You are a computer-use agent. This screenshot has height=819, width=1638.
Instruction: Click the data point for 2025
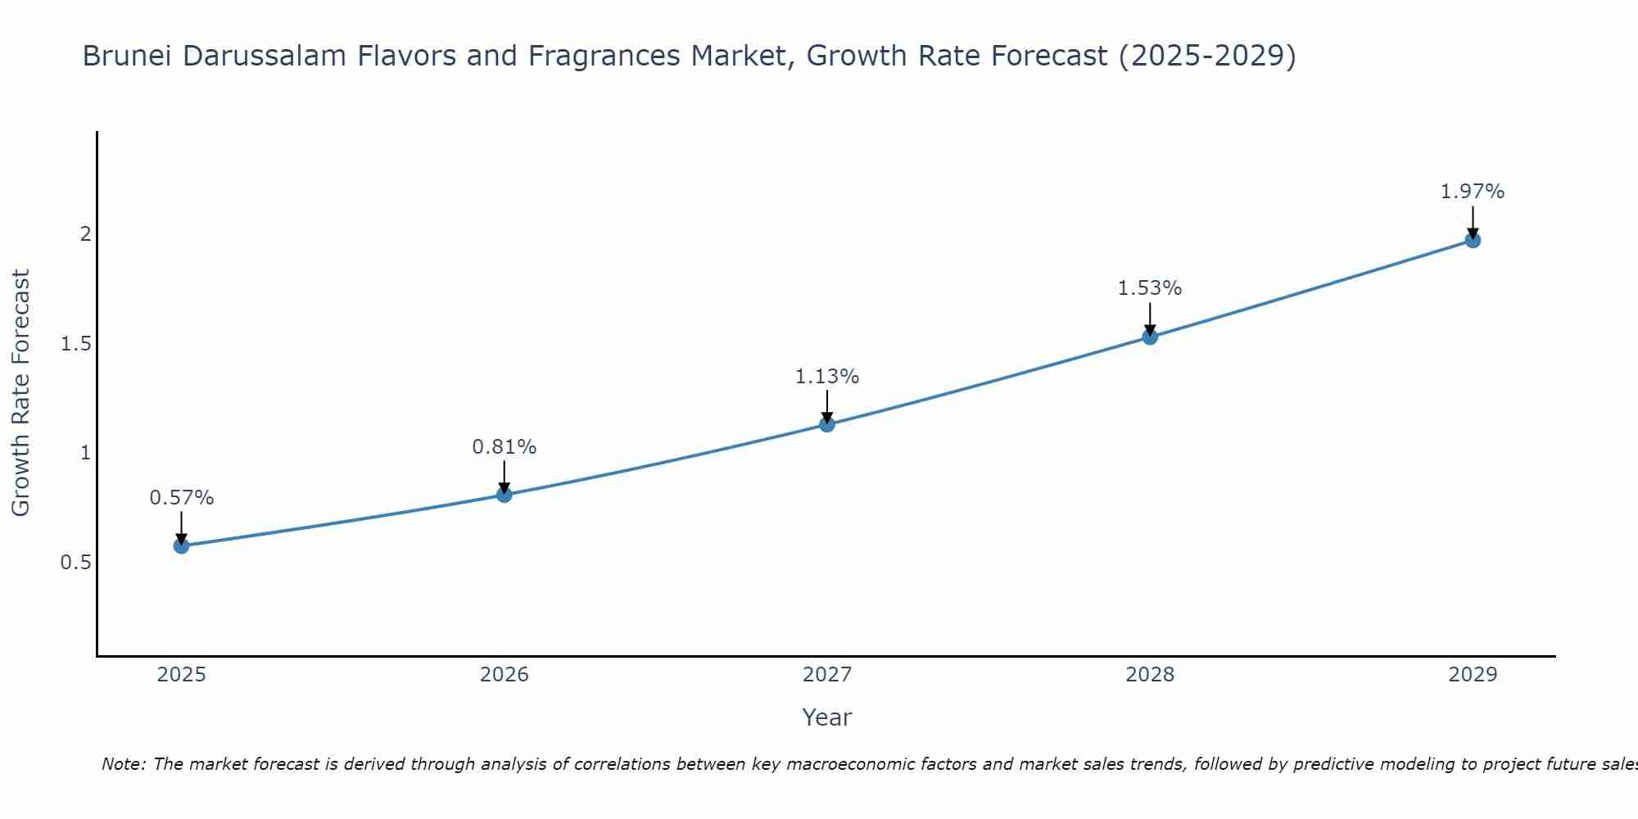(x=182, y=545)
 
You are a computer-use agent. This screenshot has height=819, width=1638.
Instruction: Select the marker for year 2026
(x=505, y=495)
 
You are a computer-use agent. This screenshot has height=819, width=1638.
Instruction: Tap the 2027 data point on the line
(x=827, y=424)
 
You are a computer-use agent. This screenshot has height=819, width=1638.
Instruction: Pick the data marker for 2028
(x=1150, y=337)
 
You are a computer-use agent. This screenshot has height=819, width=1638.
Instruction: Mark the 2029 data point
(x=1473, y=240)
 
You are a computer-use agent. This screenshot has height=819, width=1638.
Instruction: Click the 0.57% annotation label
(x=182, y=498)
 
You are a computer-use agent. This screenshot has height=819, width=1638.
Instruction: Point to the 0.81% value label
(x=505, y=447)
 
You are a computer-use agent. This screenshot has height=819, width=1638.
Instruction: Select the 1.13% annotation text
(x=827, y=377)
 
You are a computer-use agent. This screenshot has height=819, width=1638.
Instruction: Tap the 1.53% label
(x=1150, y=288)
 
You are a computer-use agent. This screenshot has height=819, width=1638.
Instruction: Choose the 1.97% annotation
(x=1473, y=192)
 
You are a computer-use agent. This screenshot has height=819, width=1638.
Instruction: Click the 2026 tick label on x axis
(x=505, y=675)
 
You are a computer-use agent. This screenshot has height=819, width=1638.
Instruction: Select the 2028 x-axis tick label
(x=1150, y=675)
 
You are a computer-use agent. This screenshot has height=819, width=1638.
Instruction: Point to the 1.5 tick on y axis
(x=75, y=344)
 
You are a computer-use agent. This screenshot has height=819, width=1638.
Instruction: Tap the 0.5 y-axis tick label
(x=75, y=563)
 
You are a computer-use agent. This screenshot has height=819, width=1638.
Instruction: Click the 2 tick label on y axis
(x=85, y=234)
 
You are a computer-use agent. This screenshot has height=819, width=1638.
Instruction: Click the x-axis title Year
(x=827, y=717)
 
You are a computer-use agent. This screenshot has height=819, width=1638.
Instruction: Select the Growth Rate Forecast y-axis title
(x=20, y=393)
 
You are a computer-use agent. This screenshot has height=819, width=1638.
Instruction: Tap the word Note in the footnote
(x=123, y=764)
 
